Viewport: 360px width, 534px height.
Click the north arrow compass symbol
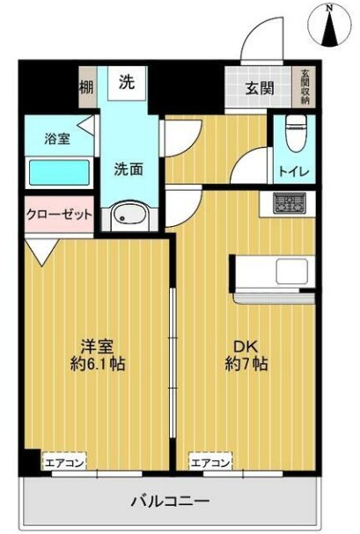(x=329, y=26)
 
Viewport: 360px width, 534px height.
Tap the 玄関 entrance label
(x=260, y=89)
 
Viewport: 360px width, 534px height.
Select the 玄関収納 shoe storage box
(x=305, y=86)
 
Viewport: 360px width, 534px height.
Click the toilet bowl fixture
(x=297, y=133)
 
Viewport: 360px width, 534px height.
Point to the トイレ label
(x=294, y=171)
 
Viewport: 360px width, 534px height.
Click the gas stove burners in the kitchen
(x=290, y=202)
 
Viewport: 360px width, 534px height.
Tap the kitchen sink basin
(x=291, y=271)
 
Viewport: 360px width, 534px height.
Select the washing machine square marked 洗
(x=127, y=83)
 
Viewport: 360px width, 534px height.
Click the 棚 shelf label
(x=86, y=88)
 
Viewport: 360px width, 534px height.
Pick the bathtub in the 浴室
(x=59, y=173)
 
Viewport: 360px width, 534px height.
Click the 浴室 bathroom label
(x=57, y=139)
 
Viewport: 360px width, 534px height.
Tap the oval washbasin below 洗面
(x=129, y=215)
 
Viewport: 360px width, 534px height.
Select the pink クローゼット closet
(x=59, y=215)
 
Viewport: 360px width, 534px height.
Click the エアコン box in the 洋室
(x=64, y=462)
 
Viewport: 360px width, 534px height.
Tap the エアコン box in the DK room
(x=210, y=462)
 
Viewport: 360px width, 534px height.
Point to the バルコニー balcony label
(x=170, y=501)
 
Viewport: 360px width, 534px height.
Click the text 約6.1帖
(x=98, y=364)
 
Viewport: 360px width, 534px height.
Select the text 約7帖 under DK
(x=246, y=364)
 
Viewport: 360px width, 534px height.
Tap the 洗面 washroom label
(x=128, y=169)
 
